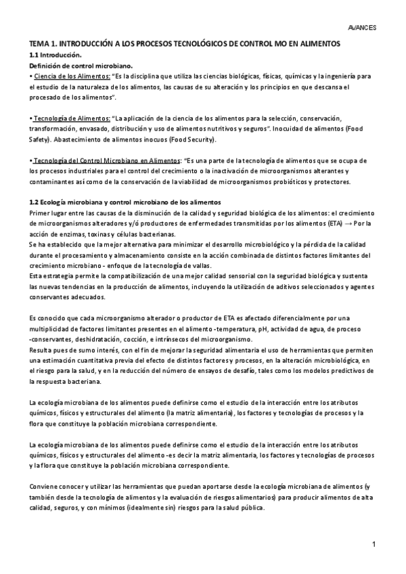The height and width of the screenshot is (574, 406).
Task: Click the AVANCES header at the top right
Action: click(362, 28)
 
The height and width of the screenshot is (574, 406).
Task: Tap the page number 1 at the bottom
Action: click(374, 544)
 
